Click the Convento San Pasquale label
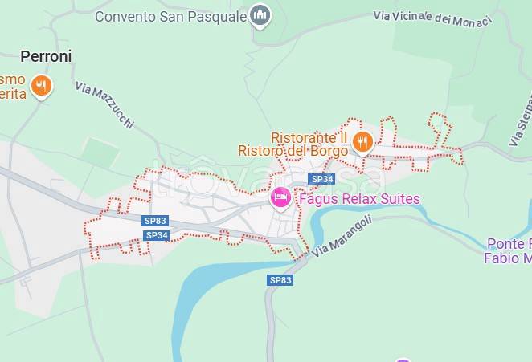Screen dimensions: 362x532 [x=170, y=16]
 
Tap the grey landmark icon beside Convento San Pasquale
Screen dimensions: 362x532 [x=259, y=15]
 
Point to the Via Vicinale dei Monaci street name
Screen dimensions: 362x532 [x=432, y=18]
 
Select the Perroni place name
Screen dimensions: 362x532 [x=46, y=56]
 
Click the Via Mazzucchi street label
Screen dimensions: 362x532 [x=104, y=105]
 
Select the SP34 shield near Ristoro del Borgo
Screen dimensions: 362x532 [x=321, y=179]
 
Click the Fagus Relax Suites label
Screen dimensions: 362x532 [x=358, y=198]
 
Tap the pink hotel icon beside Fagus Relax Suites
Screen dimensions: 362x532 [x=280, y=197]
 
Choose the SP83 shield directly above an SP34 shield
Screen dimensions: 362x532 [x=155, y=221]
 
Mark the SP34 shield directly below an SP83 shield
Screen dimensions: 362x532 [x=157, y=235]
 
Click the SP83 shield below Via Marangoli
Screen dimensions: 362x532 [x=280, y=280]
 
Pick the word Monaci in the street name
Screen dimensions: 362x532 [x=471, y=21]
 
